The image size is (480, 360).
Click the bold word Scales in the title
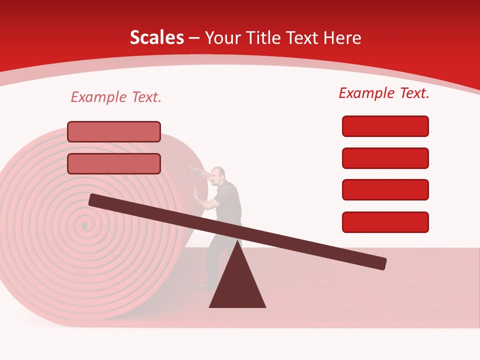coord(156,37)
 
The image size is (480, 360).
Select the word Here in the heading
coord(342,37)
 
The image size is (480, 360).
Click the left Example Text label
coord(116,97)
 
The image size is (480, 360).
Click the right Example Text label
coord(384,92)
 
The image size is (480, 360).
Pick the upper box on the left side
coord(114,131)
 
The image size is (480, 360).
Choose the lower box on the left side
coord(114,163)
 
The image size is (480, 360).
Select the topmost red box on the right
coord(385,126)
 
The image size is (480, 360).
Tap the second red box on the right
coord(385,158)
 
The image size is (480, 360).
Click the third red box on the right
coord(385,189)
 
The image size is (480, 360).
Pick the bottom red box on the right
coord(385,222)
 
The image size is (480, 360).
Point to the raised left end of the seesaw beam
coord(95,199)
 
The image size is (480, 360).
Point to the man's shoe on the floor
coord(205,287)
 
